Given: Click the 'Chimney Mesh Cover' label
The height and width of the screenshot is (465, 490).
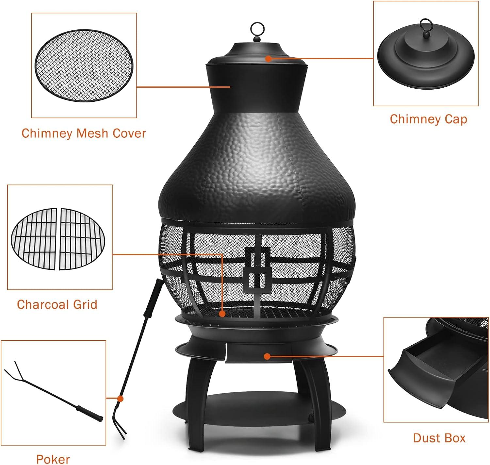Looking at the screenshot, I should click(84, 133).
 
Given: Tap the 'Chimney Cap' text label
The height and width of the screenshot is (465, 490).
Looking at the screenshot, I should click(428, 119).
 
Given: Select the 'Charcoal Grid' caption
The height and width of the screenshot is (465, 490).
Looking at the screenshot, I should click(57, 304).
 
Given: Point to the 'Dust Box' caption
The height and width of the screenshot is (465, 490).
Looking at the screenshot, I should click(439, 438).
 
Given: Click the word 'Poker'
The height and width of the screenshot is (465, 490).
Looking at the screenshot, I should click(53, 459).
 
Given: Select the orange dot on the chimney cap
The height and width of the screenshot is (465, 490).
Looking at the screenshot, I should click(268, 59).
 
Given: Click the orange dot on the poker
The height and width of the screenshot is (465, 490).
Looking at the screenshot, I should click(120, 399).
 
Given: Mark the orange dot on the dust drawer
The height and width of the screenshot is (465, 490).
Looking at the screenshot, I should click(267, 356).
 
